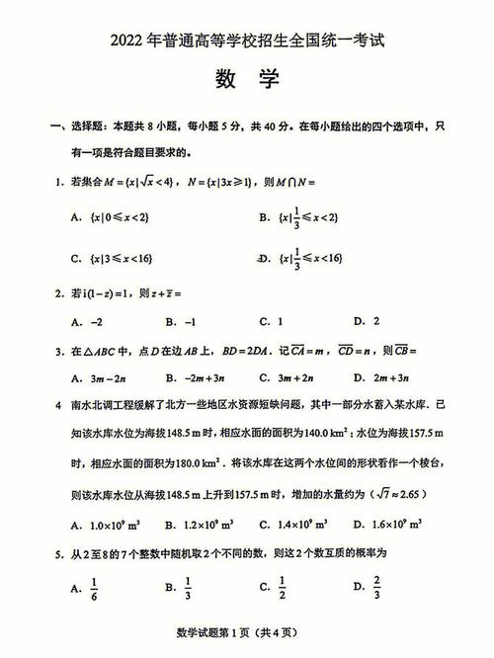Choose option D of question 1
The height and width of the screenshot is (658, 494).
[x=306, y=258]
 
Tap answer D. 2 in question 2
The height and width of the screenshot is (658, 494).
[x=367, y=321]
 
